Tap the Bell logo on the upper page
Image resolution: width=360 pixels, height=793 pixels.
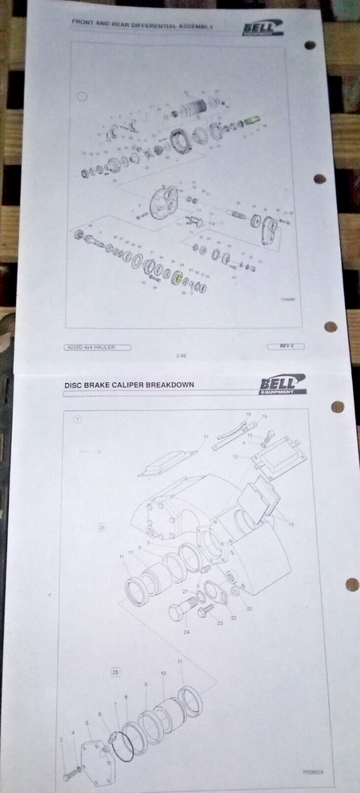point(262,29)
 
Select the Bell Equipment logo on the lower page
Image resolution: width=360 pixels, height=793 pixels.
point(281,386)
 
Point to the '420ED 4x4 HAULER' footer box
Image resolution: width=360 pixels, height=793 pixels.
point(98,347)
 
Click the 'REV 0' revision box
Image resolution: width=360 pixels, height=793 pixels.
point(286,346)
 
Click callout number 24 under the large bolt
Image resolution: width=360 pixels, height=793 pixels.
point(187,632)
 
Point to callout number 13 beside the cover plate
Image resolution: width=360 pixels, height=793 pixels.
point(235,457)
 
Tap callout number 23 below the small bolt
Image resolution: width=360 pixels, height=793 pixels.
point(210,623)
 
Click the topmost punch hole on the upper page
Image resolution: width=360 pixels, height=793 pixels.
point(310,45)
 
